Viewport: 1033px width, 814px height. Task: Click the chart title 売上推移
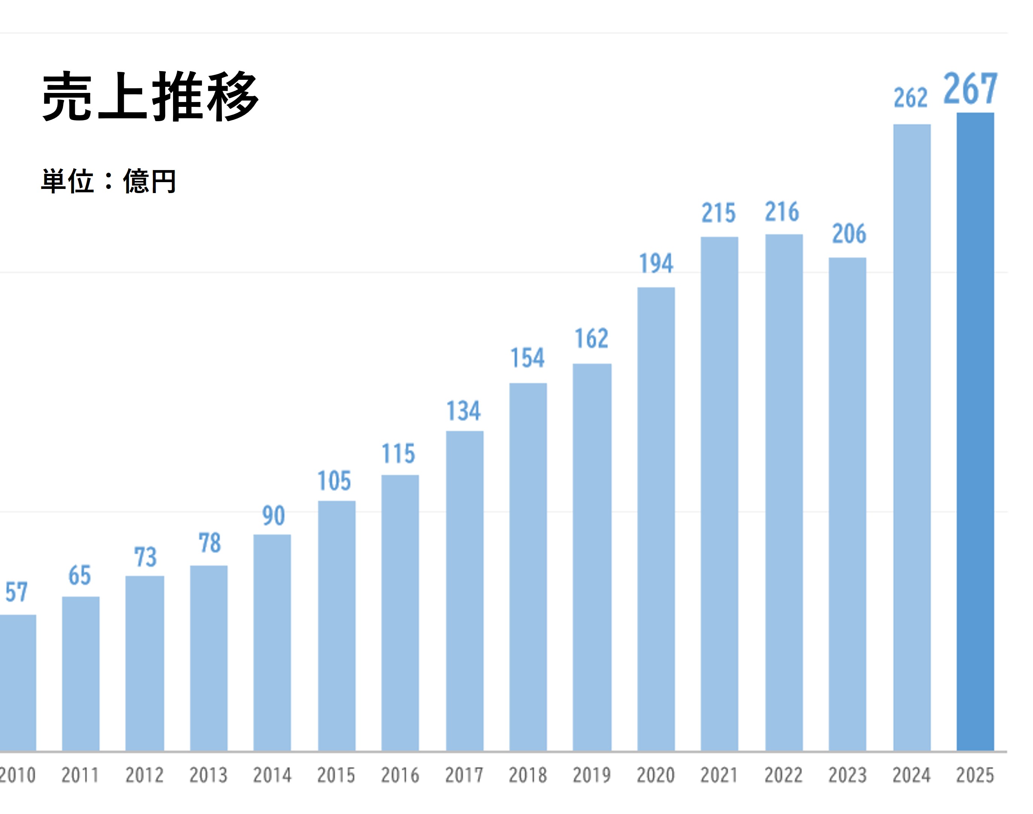[x=150, y=97]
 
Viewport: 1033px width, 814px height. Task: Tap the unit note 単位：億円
[x=109, y=181]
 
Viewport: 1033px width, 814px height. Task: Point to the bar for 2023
[x=847, y=504]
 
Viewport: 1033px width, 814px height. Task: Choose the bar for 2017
[x=465, y=591]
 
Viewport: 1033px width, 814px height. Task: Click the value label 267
[x=970, y=89]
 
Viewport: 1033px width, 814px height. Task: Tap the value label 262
[x=910, y=98]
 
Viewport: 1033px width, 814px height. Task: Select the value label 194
[x=656, y=263]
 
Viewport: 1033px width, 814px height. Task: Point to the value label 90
[x=273, y=516]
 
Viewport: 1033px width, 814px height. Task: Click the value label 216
[x=782, y=212]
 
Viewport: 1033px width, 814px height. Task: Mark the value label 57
[x=16, y=592]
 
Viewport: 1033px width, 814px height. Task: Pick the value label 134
[x=463, y=411]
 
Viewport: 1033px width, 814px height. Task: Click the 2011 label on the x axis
[x=80, y=775]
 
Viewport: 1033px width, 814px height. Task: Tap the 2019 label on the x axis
[x=591, y=775]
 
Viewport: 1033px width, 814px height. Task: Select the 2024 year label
[x=911, y=775]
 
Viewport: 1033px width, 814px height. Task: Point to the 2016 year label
[x=400, y=775]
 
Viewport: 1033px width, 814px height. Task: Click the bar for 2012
[x=144, y=663]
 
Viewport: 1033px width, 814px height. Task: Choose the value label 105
[x=334, y=481]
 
